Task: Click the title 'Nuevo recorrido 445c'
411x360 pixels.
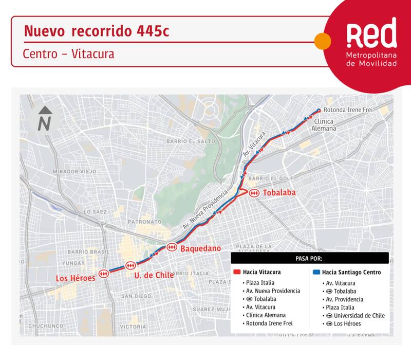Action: pyautogui.click(x=96, y=31)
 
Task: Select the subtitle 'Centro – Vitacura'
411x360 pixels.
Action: pyautogui.click(x=68, y=53)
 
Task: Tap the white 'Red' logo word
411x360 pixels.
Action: pyautogui.click(x=371, y=34)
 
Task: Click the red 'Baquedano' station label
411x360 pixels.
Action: pyautogui.click(x=200, y=248)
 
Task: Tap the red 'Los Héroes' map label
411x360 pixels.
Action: pyautogui.click(x=76, y=278)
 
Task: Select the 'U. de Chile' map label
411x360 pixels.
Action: pyautogui.click(x=154, y=275)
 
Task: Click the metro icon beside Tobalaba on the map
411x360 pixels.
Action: pyautogui.click(x=254, y=193)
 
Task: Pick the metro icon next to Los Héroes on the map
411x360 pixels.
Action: pyautogui.click(x=104, y=274)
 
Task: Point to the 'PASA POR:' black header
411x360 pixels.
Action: pyautogui.click(x=309, y=258)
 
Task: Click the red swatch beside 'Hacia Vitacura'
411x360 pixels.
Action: pyautogui.click(x=237, y=272)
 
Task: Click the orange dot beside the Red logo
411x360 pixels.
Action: pyautogui.click(x=322, y=41)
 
